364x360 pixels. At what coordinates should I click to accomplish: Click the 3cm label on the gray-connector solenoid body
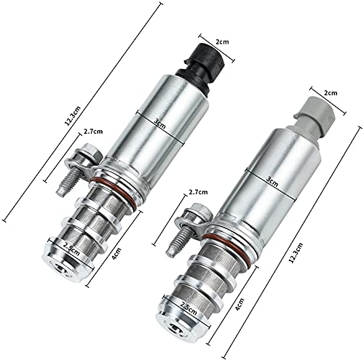point(272,183)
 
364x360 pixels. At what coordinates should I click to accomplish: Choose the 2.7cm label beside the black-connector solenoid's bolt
point(92,132)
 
